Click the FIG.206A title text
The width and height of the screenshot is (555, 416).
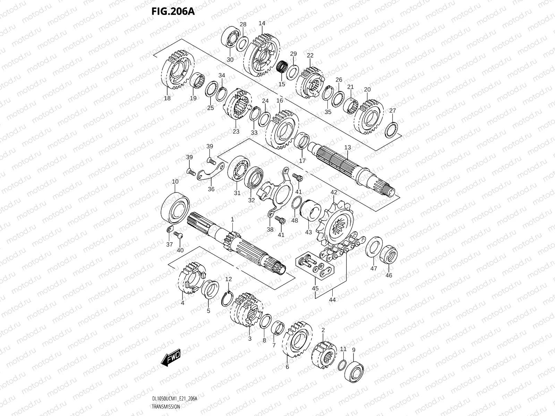172,11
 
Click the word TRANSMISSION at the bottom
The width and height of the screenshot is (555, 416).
166,406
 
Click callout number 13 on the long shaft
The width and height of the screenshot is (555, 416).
348,147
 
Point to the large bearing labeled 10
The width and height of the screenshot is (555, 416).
176,208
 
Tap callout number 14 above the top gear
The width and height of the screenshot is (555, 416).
262,23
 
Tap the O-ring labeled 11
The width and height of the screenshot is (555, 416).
341,365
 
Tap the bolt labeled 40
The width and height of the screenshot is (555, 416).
178,235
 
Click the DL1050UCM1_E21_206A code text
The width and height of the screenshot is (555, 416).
174,399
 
